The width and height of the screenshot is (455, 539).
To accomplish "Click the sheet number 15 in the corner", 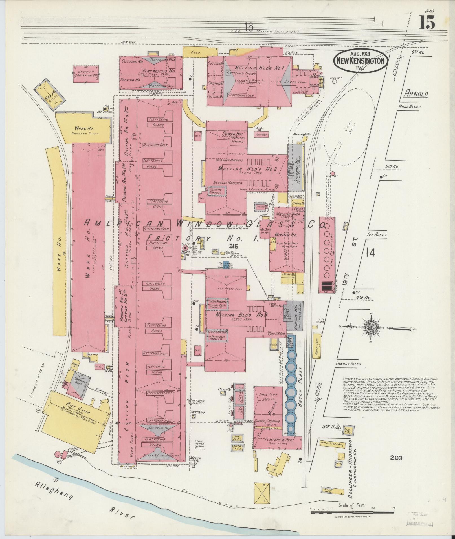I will [x=427, y=23].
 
